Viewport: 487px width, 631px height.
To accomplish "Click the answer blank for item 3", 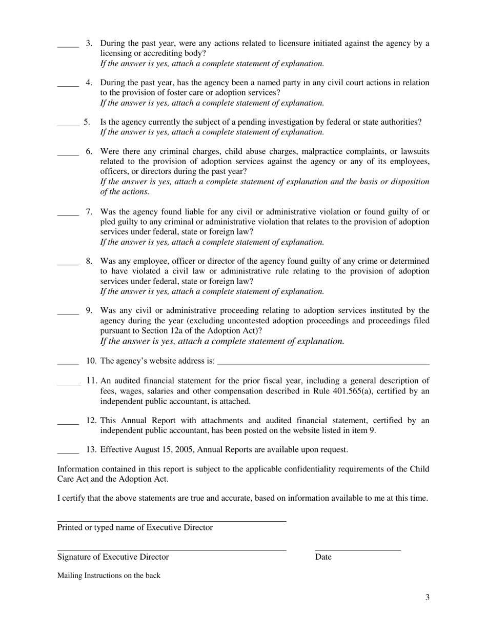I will [68, 46].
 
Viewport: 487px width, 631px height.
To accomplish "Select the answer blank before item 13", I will [68, 452].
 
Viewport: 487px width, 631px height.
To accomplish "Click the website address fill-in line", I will [323, 364].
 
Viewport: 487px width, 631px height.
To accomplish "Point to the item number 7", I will [89, 212].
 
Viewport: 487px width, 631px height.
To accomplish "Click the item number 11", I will [92, 381].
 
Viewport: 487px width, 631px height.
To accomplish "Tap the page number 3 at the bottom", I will [427, 597].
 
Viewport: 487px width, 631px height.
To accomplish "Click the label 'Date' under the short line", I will [323, 557].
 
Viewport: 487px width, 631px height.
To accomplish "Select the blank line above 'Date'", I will [358, 550].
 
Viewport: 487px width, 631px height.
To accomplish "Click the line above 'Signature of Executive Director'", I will [171, 550].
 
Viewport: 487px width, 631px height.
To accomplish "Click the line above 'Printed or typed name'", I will [171, 521].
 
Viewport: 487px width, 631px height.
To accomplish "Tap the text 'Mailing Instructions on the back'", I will [109, 576].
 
